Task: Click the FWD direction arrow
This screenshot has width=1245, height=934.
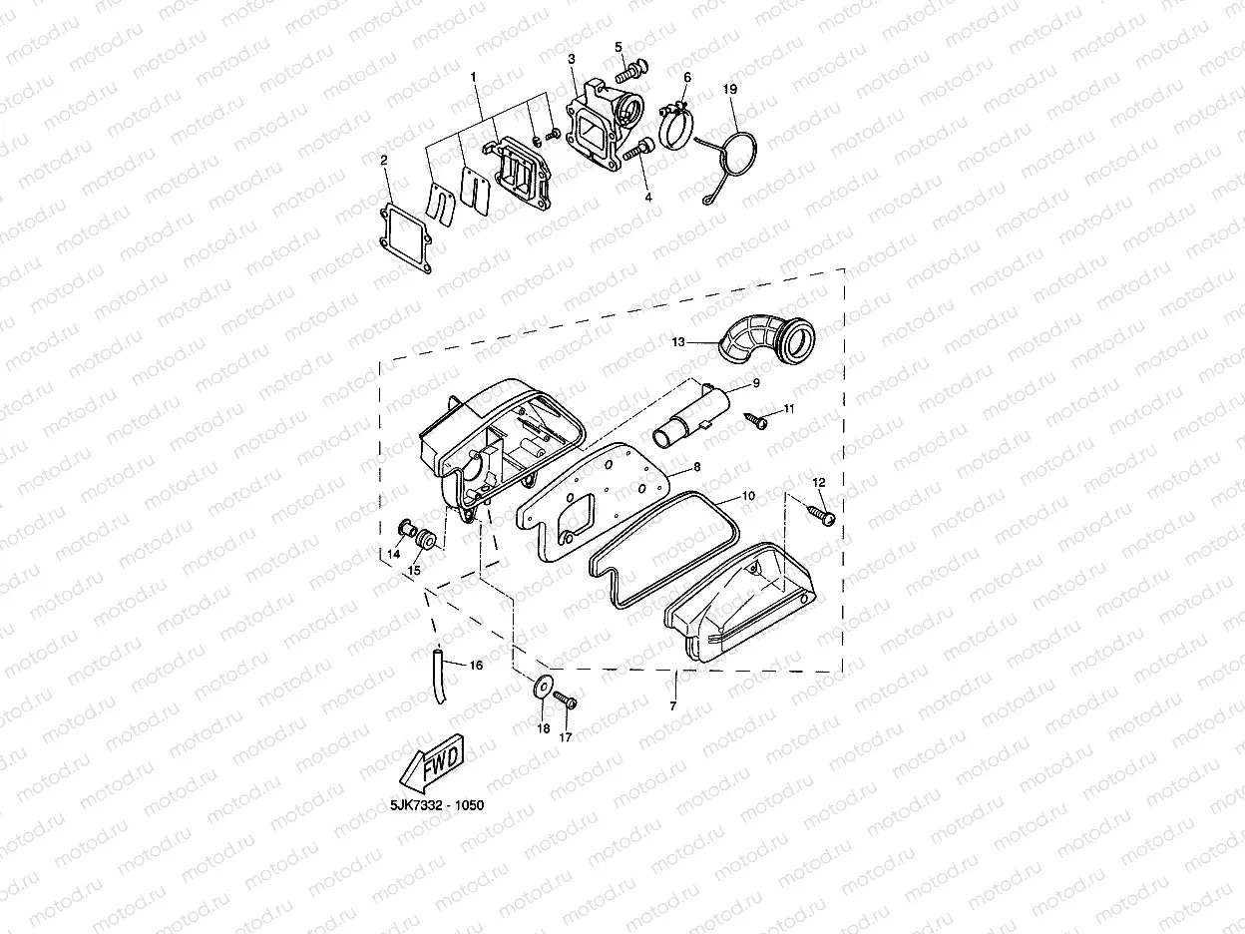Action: [432, 763]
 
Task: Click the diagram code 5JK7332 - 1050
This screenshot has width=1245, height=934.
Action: [437, 805]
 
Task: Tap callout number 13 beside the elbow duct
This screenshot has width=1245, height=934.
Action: [678, 342]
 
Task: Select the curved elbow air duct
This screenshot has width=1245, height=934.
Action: [768, 339]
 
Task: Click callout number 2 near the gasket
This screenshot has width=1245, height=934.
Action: [384, 161]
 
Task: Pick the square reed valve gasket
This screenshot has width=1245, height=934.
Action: [405, 238]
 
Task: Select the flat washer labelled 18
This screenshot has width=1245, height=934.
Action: [542, 688]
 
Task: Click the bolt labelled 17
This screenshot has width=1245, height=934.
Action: [566, 700]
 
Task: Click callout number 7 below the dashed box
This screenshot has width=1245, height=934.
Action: [673, 706]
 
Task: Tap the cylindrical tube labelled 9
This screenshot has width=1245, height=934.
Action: [690, 417]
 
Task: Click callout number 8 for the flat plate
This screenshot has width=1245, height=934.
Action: [697, 467]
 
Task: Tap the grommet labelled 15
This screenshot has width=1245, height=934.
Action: [426, 539]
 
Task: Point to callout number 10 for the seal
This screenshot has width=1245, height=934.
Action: [749, 496]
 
